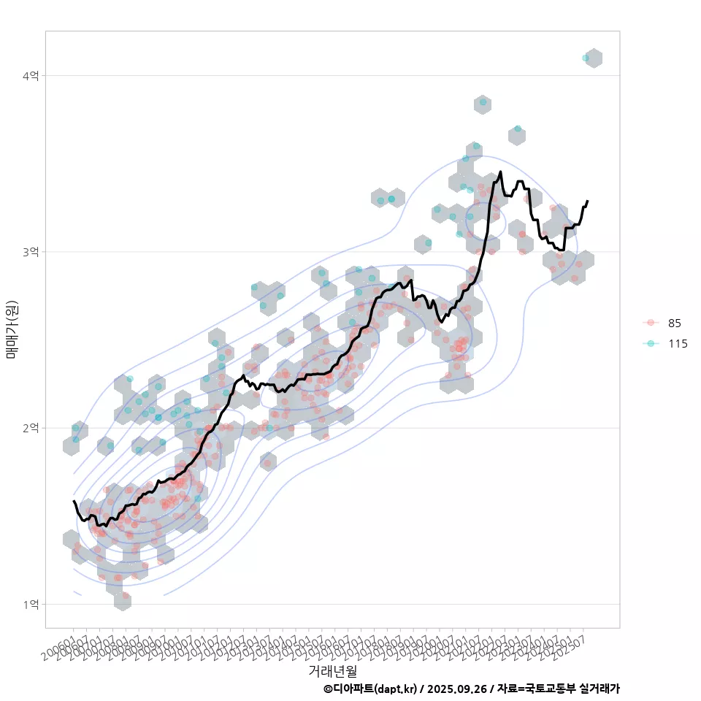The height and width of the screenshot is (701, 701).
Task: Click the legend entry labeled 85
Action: pos(674,323)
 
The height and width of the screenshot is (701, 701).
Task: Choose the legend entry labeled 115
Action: pos(677,343)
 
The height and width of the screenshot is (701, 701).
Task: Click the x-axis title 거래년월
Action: pos(332,670)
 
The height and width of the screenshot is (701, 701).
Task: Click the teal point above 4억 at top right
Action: pos(586,58)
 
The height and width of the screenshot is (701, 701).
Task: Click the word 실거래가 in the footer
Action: pos(599,689)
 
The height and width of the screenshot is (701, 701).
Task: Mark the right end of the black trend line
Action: pos(587,201)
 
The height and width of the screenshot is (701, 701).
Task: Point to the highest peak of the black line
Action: pos(500,172)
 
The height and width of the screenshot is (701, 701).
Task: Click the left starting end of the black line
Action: pos(74,501)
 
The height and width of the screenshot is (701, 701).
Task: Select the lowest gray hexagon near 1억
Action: pos(123,600)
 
